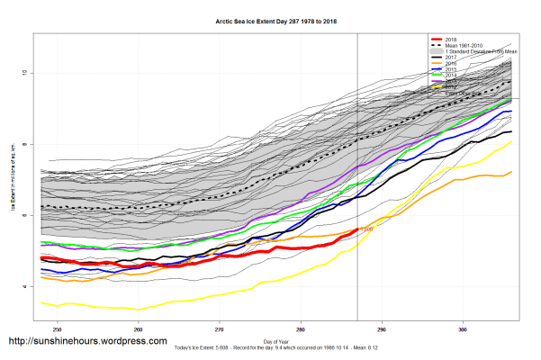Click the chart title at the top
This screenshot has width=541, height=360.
tap(270, 19)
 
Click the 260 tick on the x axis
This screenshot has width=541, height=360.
tap(139, 328)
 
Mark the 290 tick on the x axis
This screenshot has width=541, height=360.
tap(382, 328)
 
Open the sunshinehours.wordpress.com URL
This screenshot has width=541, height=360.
tap(87, 342)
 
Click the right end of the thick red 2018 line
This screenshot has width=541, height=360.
tap(357, 230)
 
